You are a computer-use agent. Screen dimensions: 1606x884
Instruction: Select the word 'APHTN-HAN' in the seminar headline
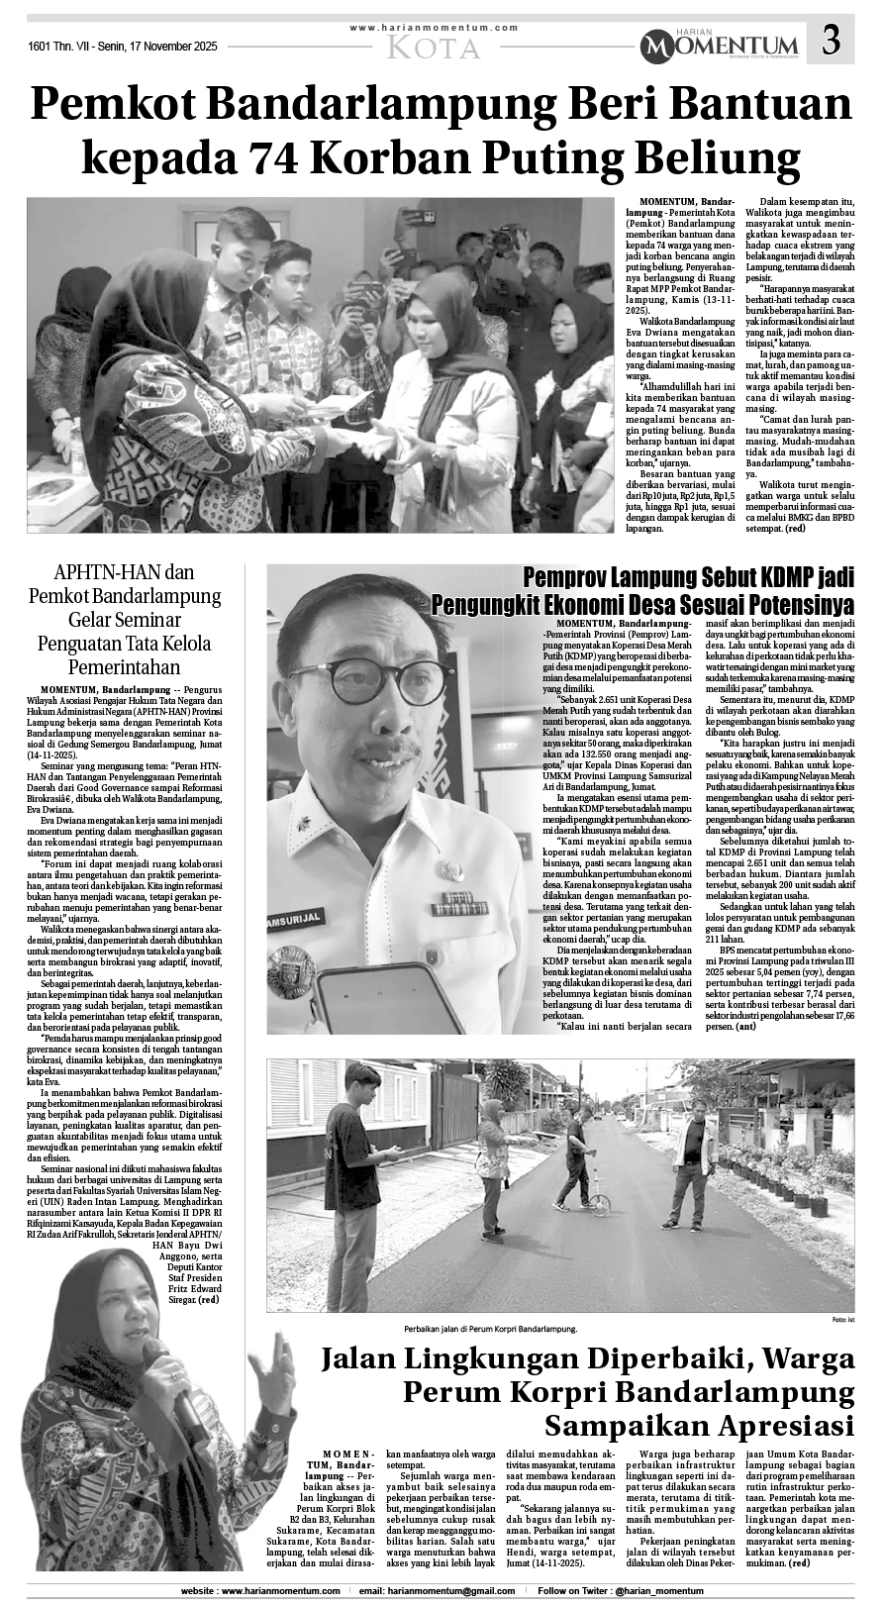pos(102,572)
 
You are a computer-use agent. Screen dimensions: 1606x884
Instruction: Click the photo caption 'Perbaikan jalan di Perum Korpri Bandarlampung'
pos(489,1329)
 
